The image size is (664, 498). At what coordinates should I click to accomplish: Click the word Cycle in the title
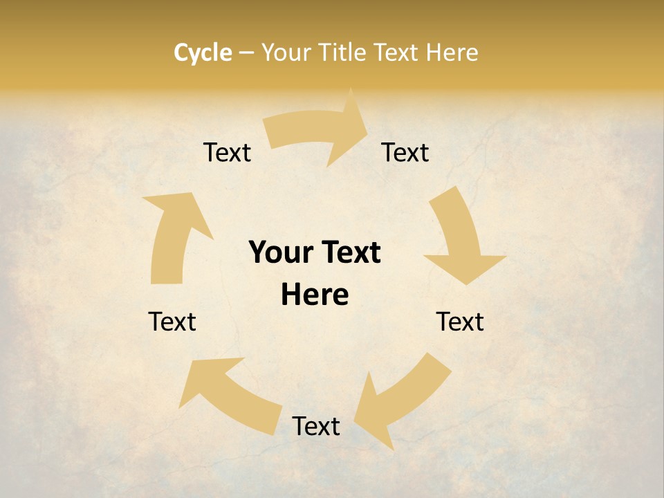pyautogui.click(x=203, y=53)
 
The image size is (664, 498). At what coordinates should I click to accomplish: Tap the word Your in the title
pyautogui.click(x=286, y=53)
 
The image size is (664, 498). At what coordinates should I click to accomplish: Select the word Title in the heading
pyautogui.click(x=343, y=53)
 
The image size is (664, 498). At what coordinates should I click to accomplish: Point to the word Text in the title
pyautogui.click(x=398, y=53)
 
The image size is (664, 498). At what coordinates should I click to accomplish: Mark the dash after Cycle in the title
pyautogui.click(x=246, y=53)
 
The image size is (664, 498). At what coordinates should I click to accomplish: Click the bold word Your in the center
pyautogui.click(x=282, y=253)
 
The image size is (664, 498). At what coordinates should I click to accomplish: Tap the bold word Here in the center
pyautogui.click(x=315, y=295)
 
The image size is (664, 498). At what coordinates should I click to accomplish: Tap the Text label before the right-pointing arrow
pyautogui.click(x=227, y=152)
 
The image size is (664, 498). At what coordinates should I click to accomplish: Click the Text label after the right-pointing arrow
pyautogui.click(x=405, y=152)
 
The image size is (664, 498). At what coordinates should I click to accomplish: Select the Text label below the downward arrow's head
pyautogui.click(x=460, y=322)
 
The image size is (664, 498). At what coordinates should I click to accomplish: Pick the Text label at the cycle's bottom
pyautogui.click(x=316, y=426)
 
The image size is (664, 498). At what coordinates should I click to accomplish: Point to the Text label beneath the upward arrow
pyautogui.click(x=172, y=322)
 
